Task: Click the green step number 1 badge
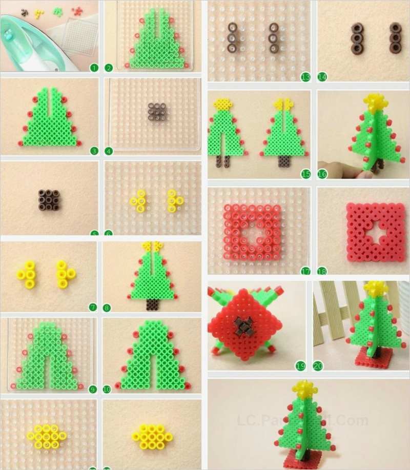[93, 68]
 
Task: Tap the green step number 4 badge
[109, 151]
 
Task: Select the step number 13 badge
[305, 77]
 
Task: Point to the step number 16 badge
[321, 174]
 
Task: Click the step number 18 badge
[321, 270]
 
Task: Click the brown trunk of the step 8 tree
[152, 305]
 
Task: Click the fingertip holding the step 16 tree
[359, 172]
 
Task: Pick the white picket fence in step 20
[333, 308]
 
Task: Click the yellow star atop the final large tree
[304, 391]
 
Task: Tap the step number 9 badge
[93, 390]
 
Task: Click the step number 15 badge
[305, 174]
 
